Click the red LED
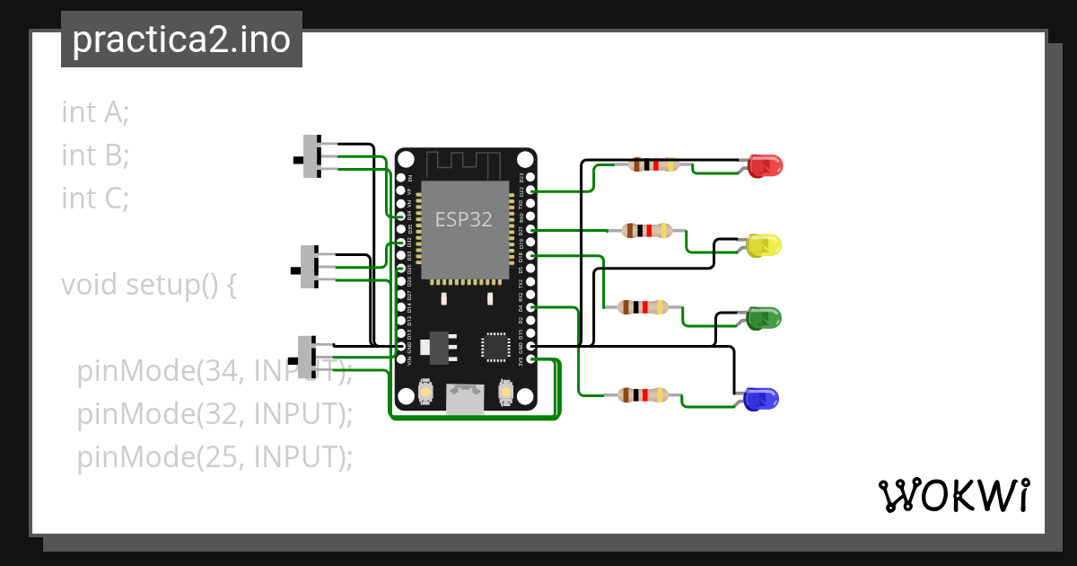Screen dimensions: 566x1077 pyautogui.click(x=766, y=165)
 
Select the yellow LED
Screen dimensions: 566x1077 pyautogui.click(x=765, y=245)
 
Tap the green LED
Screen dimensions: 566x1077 pyautogui.click(x=765, y=317)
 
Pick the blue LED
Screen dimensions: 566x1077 pyautogui.click(x=761, y=398)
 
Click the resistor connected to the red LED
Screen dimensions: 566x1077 pyautogui.click(x=653, y=164)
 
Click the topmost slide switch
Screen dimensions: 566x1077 pyautogui.click(x=312, y=156)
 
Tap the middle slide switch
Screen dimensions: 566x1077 pyautogui.click(x=309, y=267)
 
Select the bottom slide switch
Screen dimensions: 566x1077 pyautogui.click(x=307, y=358)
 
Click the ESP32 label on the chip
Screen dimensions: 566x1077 pyautogui.click(x=463, y=219)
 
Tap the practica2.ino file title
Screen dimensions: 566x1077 pyautogui.click(x=181, y=40)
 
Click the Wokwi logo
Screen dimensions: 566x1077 pyautogui.click(x=953, y=495)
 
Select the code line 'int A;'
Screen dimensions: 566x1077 pyautogui.click(x=95, y=112)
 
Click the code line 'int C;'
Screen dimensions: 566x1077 pyautogui.click(x=95, y=198)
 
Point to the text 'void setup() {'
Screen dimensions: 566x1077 pyautogui.click(x=149, y=285)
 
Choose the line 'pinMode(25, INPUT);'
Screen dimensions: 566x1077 pyautogui.click(x=215, y=457)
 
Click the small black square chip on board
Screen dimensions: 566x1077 pyautogui.click(x=495, y=347)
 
